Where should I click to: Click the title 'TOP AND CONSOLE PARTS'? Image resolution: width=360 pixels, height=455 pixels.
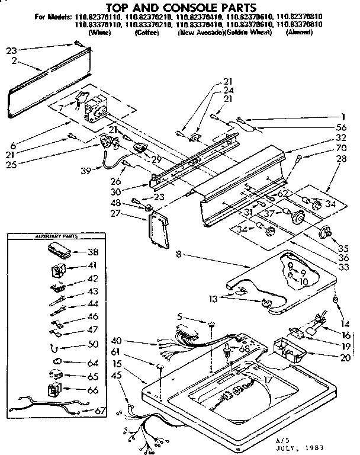click(179, 7)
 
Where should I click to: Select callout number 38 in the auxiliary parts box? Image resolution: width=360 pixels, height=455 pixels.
click(92, 251)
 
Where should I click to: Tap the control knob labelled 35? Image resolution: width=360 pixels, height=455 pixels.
click(324, 233)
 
